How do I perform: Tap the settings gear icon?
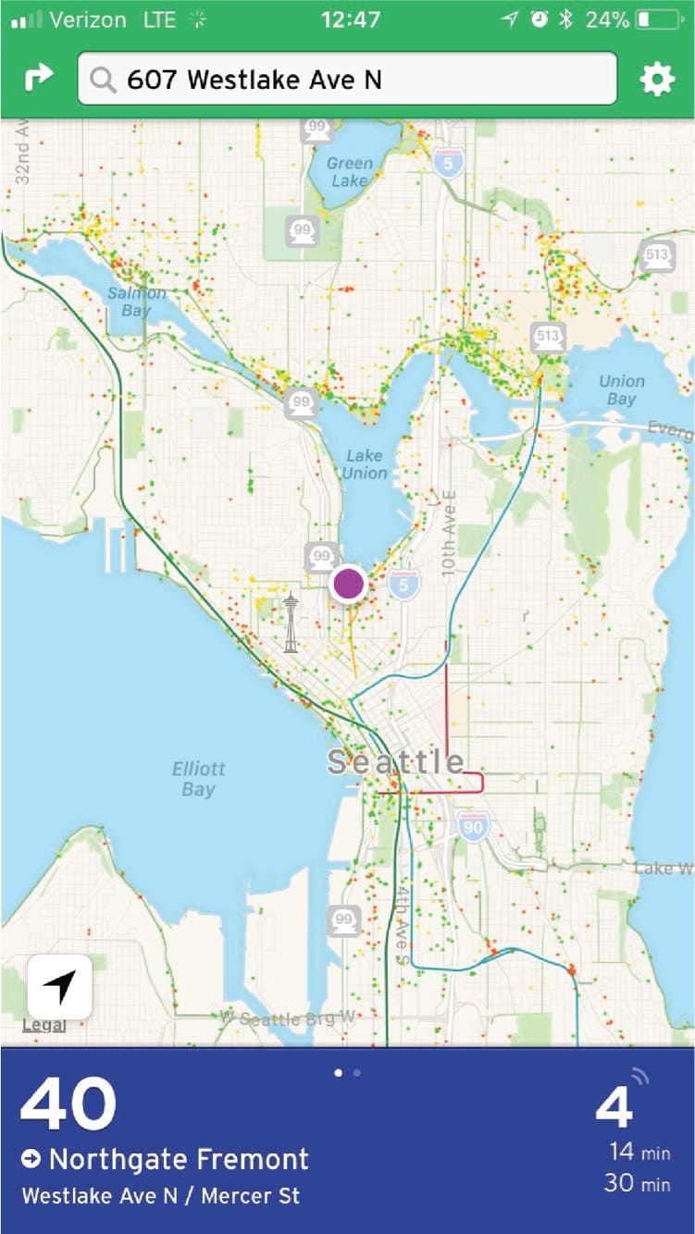pos(657,80)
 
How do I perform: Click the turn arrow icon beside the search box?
pos(38,79)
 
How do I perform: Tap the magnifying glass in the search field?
pos(104,80)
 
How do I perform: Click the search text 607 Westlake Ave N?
pos(254,80)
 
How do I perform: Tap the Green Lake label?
pos(349,172)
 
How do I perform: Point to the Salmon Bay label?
pos(136,302)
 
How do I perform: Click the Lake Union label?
pos(365,463)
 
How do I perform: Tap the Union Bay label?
pos(621,389)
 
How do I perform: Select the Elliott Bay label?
pos(198,779)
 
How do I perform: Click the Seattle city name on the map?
pos(396,761)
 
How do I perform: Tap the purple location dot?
pos(348,584)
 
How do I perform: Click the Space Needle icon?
pos(291,623)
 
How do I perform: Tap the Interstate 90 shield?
pos(473,826)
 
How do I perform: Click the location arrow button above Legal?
pos(60,987)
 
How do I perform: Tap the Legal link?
pos(43,1025)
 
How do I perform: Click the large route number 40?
pos(68,1104)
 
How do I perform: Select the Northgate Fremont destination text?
pos(179,1158)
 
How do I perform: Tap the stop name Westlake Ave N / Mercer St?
pos(161,1195)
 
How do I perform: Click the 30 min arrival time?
pos(637,1181)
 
